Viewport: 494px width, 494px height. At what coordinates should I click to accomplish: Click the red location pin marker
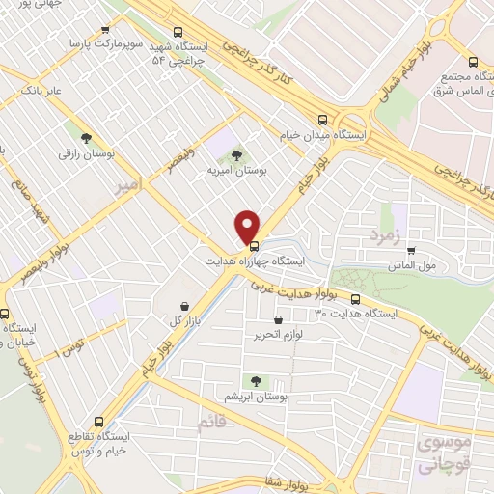click(x=248, y=225)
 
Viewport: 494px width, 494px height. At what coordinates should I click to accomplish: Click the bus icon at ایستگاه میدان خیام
click(x=322, y=120)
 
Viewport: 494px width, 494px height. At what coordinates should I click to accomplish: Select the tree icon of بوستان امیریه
click(x=237, y=153)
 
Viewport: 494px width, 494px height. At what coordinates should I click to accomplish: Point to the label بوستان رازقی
click(x=81, y=153)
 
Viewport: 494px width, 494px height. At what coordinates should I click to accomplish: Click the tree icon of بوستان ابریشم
click(x=256, y=381)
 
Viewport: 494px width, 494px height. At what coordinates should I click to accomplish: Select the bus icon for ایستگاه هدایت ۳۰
click(x=356, y=298)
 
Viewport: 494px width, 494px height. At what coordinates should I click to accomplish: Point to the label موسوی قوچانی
click(x=446, y=453)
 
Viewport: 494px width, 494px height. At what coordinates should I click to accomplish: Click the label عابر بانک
click(x=40, y=91)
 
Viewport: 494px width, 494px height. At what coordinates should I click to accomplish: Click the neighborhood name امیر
click(x=126, y=182)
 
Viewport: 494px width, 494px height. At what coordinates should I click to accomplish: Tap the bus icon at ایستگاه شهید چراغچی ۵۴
click(x=178, y=31)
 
